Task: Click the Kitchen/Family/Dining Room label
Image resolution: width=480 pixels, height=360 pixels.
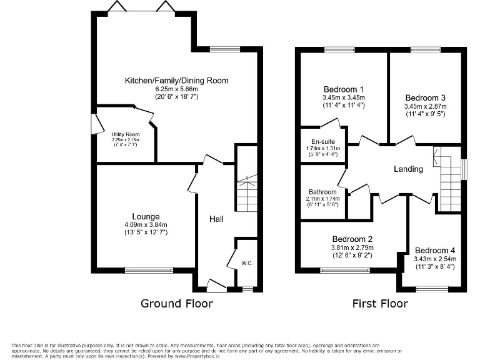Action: [x=176, y=81]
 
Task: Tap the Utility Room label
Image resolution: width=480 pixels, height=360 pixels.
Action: [x=125, y=134]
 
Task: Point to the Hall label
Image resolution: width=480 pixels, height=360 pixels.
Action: [x=216, y=219]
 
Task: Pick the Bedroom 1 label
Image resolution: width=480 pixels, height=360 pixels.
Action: [x=343, y=89]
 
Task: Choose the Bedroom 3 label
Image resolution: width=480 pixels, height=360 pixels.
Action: [x=425, y=98]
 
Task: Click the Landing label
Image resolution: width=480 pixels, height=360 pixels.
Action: [x=408, y=169]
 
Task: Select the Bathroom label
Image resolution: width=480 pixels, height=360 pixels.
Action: [x=322, y=192]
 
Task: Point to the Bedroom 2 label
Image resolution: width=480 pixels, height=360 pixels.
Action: [x=352, y=239]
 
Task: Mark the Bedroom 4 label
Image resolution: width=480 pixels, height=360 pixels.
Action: [x=434, y=250]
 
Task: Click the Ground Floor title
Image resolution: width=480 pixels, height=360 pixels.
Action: [x=176, y=304]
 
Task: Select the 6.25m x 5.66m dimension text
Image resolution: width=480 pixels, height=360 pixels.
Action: [x=176, y=89]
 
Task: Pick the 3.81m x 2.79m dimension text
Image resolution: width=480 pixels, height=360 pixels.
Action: [x=352, y=247]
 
